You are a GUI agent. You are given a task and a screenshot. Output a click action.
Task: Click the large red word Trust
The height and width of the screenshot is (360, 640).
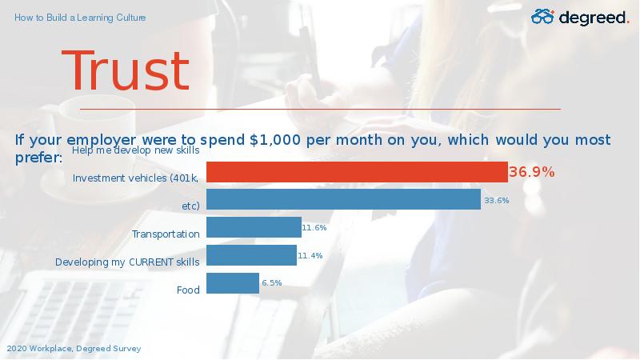126,70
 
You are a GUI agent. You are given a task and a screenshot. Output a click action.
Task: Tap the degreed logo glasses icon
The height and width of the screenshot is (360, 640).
542,17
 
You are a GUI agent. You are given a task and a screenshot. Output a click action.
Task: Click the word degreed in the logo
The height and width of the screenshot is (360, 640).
592,18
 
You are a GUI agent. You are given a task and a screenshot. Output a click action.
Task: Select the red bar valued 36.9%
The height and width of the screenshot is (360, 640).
357,172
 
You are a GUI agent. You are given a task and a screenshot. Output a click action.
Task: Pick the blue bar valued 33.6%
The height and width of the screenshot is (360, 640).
344,199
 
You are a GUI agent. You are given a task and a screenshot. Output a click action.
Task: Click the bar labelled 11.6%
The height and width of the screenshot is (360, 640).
254,227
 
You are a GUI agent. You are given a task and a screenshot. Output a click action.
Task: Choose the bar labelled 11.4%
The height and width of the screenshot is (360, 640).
251,255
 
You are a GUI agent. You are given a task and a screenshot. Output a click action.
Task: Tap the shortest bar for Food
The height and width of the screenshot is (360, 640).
233,283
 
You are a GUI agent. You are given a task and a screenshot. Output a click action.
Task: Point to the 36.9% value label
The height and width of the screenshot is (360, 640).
531,172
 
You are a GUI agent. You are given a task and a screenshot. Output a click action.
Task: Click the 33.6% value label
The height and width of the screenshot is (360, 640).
497,201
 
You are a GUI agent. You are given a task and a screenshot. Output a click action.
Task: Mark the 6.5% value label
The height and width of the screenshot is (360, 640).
272,283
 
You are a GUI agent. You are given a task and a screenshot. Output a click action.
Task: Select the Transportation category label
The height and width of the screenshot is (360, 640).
166,234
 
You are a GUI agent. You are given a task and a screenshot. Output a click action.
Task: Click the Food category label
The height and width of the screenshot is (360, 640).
188,290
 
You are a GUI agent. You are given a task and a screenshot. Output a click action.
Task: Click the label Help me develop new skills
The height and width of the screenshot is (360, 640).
135,150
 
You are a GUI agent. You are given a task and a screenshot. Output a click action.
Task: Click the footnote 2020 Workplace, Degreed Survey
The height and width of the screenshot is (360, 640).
74,349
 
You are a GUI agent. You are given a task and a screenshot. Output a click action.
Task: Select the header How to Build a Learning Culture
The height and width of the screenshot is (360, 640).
80,18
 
